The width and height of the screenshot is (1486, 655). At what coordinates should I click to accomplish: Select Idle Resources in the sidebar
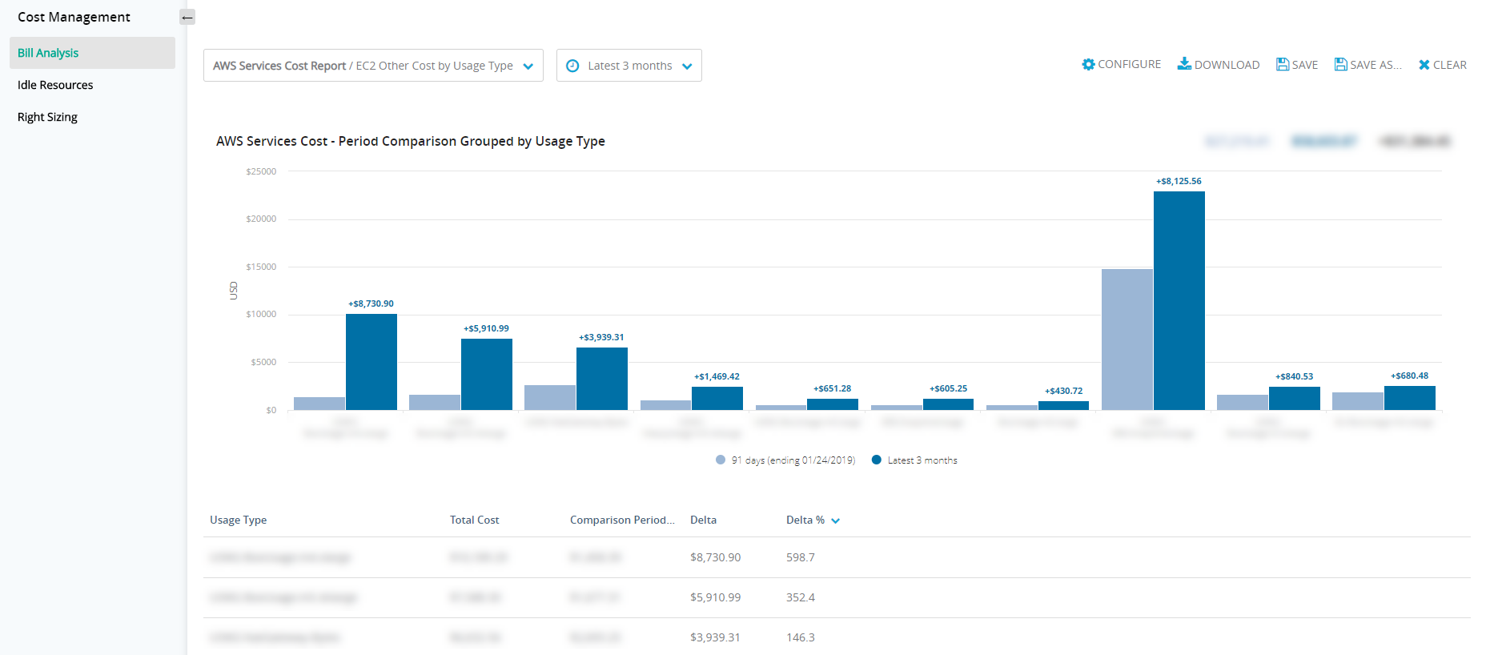(55, 85)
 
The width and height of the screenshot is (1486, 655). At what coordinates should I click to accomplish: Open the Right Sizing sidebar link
(47, 117)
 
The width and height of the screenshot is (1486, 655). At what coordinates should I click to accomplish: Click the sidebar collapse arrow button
(187, 17)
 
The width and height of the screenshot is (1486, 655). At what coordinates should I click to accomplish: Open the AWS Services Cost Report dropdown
(373, 66)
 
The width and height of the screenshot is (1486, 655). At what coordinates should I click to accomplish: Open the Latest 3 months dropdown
(629, 66)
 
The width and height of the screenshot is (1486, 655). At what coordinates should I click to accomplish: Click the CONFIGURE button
(1121, 65)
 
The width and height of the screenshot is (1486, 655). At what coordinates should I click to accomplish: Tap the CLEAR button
(1442, 65)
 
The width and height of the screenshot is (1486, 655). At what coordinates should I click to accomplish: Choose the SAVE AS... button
(1368, 65)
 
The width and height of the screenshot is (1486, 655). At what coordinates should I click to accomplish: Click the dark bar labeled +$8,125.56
(1179, 300)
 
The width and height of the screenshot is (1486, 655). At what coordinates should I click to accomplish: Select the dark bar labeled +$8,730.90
(371, 361)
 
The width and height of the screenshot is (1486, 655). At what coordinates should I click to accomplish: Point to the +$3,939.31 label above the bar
(601, 337)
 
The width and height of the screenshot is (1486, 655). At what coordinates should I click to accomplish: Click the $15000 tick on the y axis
(261, 267)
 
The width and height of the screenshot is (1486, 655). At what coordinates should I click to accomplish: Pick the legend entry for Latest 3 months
(914, 460)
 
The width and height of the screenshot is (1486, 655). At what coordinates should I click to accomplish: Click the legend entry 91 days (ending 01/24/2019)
(785, 460)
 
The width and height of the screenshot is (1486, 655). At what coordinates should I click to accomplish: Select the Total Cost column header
(474, 520)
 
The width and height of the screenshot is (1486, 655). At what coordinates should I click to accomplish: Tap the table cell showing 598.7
(800, 557)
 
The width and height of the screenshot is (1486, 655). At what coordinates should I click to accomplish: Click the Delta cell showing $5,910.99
(715, 597)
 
